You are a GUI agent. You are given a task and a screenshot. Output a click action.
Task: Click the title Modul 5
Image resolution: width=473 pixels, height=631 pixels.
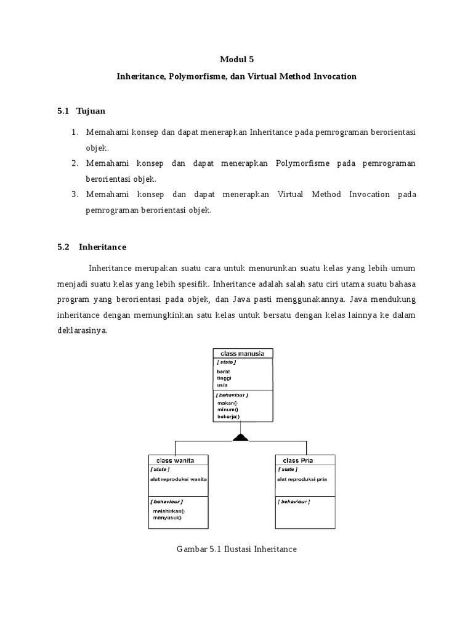pos(236,60)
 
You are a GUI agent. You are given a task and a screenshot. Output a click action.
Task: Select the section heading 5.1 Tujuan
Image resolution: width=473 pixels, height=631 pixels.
pos(81,111)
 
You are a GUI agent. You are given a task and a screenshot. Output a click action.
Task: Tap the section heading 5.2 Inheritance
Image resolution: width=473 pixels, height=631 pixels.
pos(91,246)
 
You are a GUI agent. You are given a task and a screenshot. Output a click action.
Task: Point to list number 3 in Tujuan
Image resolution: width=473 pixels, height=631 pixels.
pos(74,195)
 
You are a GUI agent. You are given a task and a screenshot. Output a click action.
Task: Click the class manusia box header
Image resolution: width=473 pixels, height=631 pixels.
pos(243,353)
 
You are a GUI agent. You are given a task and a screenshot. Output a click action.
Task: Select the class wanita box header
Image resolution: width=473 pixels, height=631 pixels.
pos(178,460)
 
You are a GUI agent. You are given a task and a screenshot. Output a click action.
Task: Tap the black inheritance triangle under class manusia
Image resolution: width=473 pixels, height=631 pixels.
pos(240,438)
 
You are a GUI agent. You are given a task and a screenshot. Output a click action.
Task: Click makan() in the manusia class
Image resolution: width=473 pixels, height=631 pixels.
pos(227,403)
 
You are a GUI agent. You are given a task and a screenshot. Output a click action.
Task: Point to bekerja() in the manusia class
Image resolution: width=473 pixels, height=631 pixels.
pos(228,417)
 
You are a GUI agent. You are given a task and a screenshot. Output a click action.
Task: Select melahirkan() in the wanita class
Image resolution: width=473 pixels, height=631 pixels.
pos(169,511)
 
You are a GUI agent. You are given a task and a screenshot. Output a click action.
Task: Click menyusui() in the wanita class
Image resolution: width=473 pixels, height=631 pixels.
pos(168,518)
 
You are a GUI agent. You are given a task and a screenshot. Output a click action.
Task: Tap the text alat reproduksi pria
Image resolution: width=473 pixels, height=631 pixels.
pos(302,479)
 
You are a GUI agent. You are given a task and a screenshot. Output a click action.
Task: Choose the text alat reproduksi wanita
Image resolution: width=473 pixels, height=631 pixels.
pos(178,479)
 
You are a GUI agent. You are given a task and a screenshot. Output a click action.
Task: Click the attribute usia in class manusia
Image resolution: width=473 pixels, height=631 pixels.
pos(222,385)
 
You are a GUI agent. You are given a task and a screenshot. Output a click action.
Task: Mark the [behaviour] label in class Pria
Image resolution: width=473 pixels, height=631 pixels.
pos(294,502)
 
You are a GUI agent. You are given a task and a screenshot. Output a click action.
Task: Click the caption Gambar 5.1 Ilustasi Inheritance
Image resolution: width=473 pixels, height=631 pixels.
pos(237,548)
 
